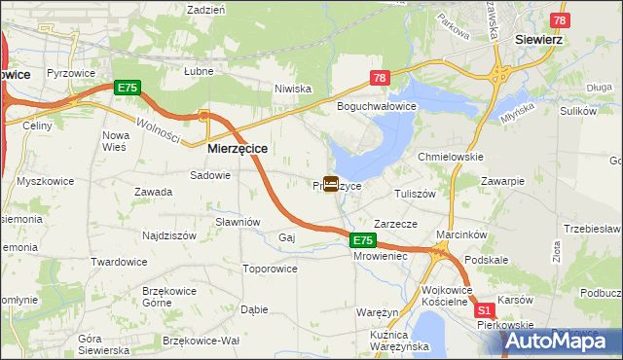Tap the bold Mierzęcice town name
point(238,149)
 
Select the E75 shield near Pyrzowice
point(128,88)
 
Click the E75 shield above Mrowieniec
point(362,240)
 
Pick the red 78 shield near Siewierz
point(559,20)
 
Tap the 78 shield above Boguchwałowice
point(380,78)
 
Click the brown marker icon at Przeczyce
point(331,183)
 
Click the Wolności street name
point(156,128)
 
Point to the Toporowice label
point(270,268)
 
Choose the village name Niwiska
point(293,89)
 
